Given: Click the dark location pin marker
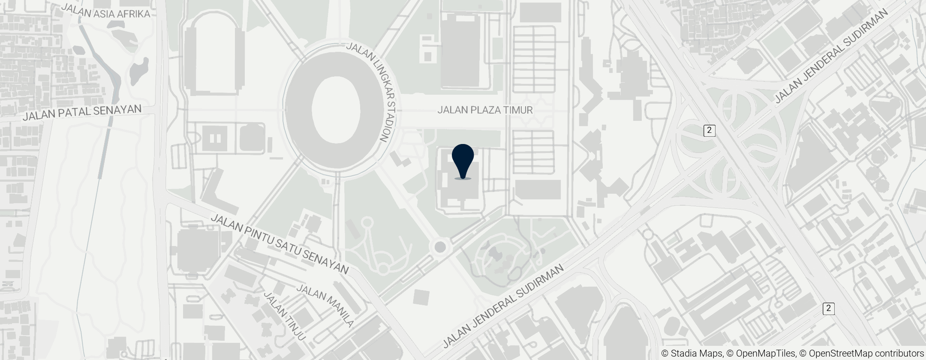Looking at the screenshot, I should pyautogui.click(x=463, y=160).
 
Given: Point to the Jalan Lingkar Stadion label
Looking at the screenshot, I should pyautogui.click(x=371, y=92).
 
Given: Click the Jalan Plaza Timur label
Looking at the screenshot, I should pyautogui.click(x=485, y=110).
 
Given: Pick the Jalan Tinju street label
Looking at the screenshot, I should pyautogui.click(x=285, y=316).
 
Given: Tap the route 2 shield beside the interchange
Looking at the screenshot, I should pyautogui.click(x=710, y=130).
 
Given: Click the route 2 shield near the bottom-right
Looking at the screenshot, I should pyautogui.click(x=829, y=308).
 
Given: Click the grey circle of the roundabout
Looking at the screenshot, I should pyautogui.click(x=440, y=247).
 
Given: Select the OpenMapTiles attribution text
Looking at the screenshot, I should pyautogui.click(x=760, y=354).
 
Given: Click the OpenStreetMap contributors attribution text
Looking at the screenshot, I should pyautogui.click(x=862, y=354).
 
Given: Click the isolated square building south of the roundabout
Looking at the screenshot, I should pyautogui.click(x=421, y=297).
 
